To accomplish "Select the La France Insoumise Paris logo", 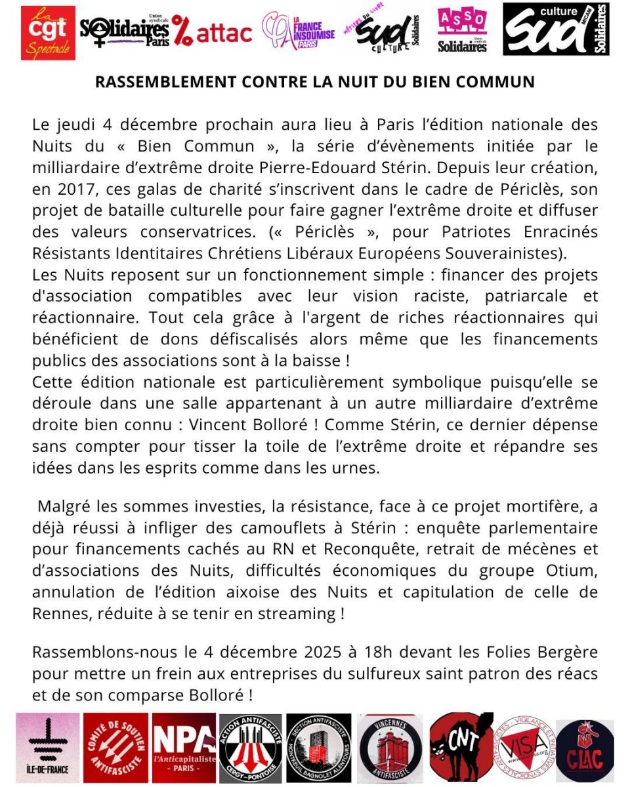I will (298, 31).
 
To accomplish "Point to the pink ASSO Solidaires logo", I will (462, 31).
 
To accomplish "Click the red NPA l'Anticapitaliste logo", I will (184, 744).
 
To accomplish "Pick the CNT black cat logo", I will (461, 744).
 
